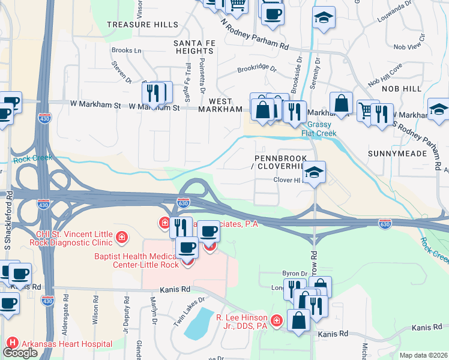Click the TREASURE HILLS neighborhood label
pyautogui.click(x=142, y=25)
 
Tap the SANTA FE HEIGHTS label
pyautogui.click(x=193, y=47)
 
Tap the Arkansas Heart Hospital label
pyautogui.click(x=67, y=344)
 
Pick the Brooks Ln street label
pyautogui.click(x=126, y=51)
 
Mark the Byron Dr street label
pyautogui.click(x=296, y=273)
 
